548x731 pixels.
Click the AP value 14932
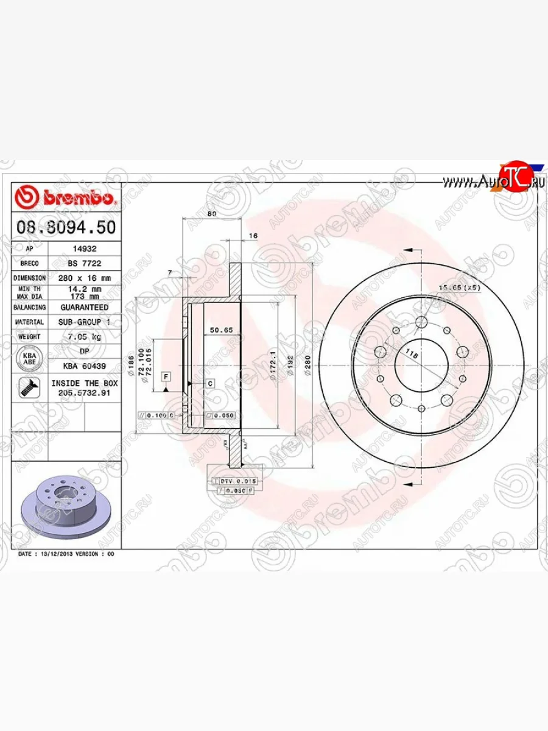point(84,249)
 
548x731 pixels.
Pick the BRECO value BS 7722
point(84,264)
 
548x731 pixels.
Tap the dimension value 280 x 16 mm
point(84,278)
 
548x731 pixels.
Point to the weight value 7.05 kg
point(84,336)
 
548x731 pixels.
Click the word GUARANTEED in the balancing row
point(84,308)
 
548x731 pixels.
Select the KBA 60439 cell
point(84,365)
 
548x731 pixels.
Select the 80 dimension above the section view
point(212,214)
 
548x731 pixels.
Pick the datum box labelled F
point(165,377)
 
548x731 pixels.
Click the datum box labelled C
point(209,383)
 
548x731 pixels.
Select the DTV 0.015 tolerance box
point(235,481)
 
